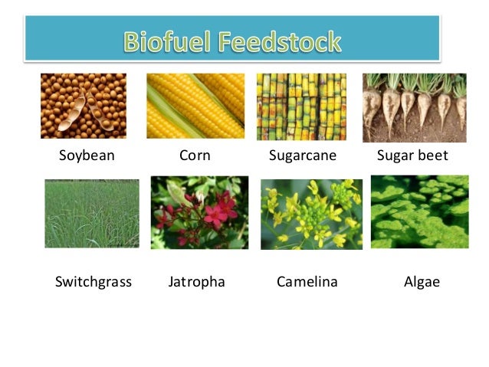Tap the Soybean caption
point(87,156)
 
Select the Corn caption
point(195,156)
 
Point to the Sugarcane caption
point(303,156)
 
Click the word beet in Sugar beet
point(433,156)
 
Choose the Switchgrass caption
point(94,282)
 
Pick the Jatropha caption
point(196,282)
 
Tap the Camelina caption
point(307,282)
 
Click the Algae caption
point(422,282)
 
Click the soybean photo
point(84,106)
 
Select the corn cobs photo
point(195,106)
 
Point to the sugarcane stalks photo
point(301,106)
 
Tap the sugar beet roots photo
point(414,107)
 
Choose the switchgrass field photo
point(92,214)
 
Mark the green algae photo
point(419,212)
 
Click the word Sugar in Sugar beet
point(395,156)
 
